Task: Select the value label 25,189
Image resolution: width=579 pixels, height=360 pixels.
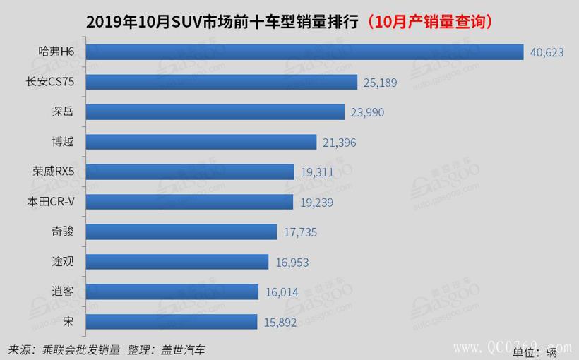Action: [380, 83]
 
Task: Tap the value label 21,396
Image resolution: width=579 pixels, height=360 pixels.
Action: [339, 143]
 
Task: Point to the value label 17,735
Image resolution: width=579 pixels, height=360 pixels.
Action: [300, 232]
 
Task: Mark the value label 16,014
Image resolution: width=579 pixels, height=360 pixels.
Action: [280, 292]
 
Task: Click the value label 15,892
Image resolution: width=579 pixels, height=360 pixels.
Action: [280, 322]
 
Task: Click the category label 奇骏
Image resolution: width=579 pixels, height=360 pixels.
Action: [62, 232]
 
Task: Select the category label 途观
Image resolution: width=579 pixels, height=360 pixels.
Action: [62, 262]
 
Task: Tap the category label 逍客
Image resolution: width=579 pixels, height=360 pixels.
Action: [62, 292]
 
